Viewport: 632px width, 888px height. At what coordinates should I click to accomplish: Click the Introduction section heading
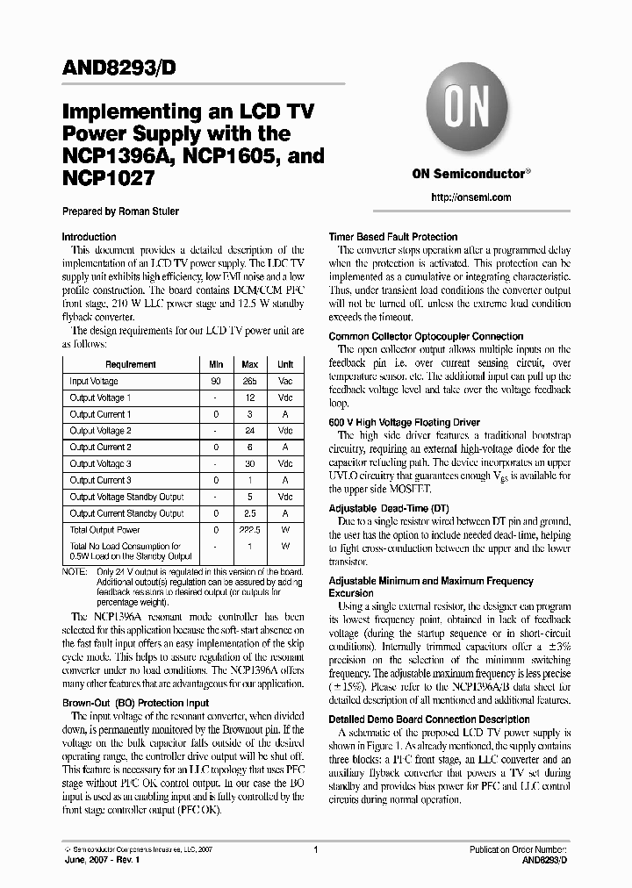point(89,237)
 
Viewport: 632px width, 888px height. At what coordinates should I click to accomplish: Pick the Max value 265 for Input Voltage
point(250,382)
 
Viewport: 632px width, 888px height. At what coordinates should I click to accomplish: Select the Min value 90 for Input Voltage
point(215,382)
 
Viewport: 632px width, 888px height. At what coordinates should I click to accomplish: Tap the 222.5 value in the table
point(250,530)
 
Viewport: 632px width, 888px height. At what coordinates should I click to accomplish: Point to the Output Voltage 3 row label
point(101,464)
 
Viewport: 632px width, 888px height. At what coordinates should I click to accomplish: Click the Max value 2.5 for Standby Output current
point(250,513)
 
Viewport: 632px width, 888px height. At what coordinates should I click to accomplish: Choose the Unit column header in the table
point(285,364)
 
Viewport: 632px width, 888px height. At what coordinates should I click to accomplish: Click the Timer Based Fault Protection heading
point(392,237)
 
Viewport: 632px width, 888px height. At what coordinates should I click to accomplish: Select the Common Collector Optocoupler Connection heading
point(426,337)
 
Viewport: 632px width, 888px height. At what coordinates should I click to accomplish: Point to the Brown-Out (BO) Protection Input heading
point(135,703)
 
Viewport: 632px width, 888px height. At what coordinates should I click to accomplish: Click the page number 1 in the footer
point(314,850)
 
